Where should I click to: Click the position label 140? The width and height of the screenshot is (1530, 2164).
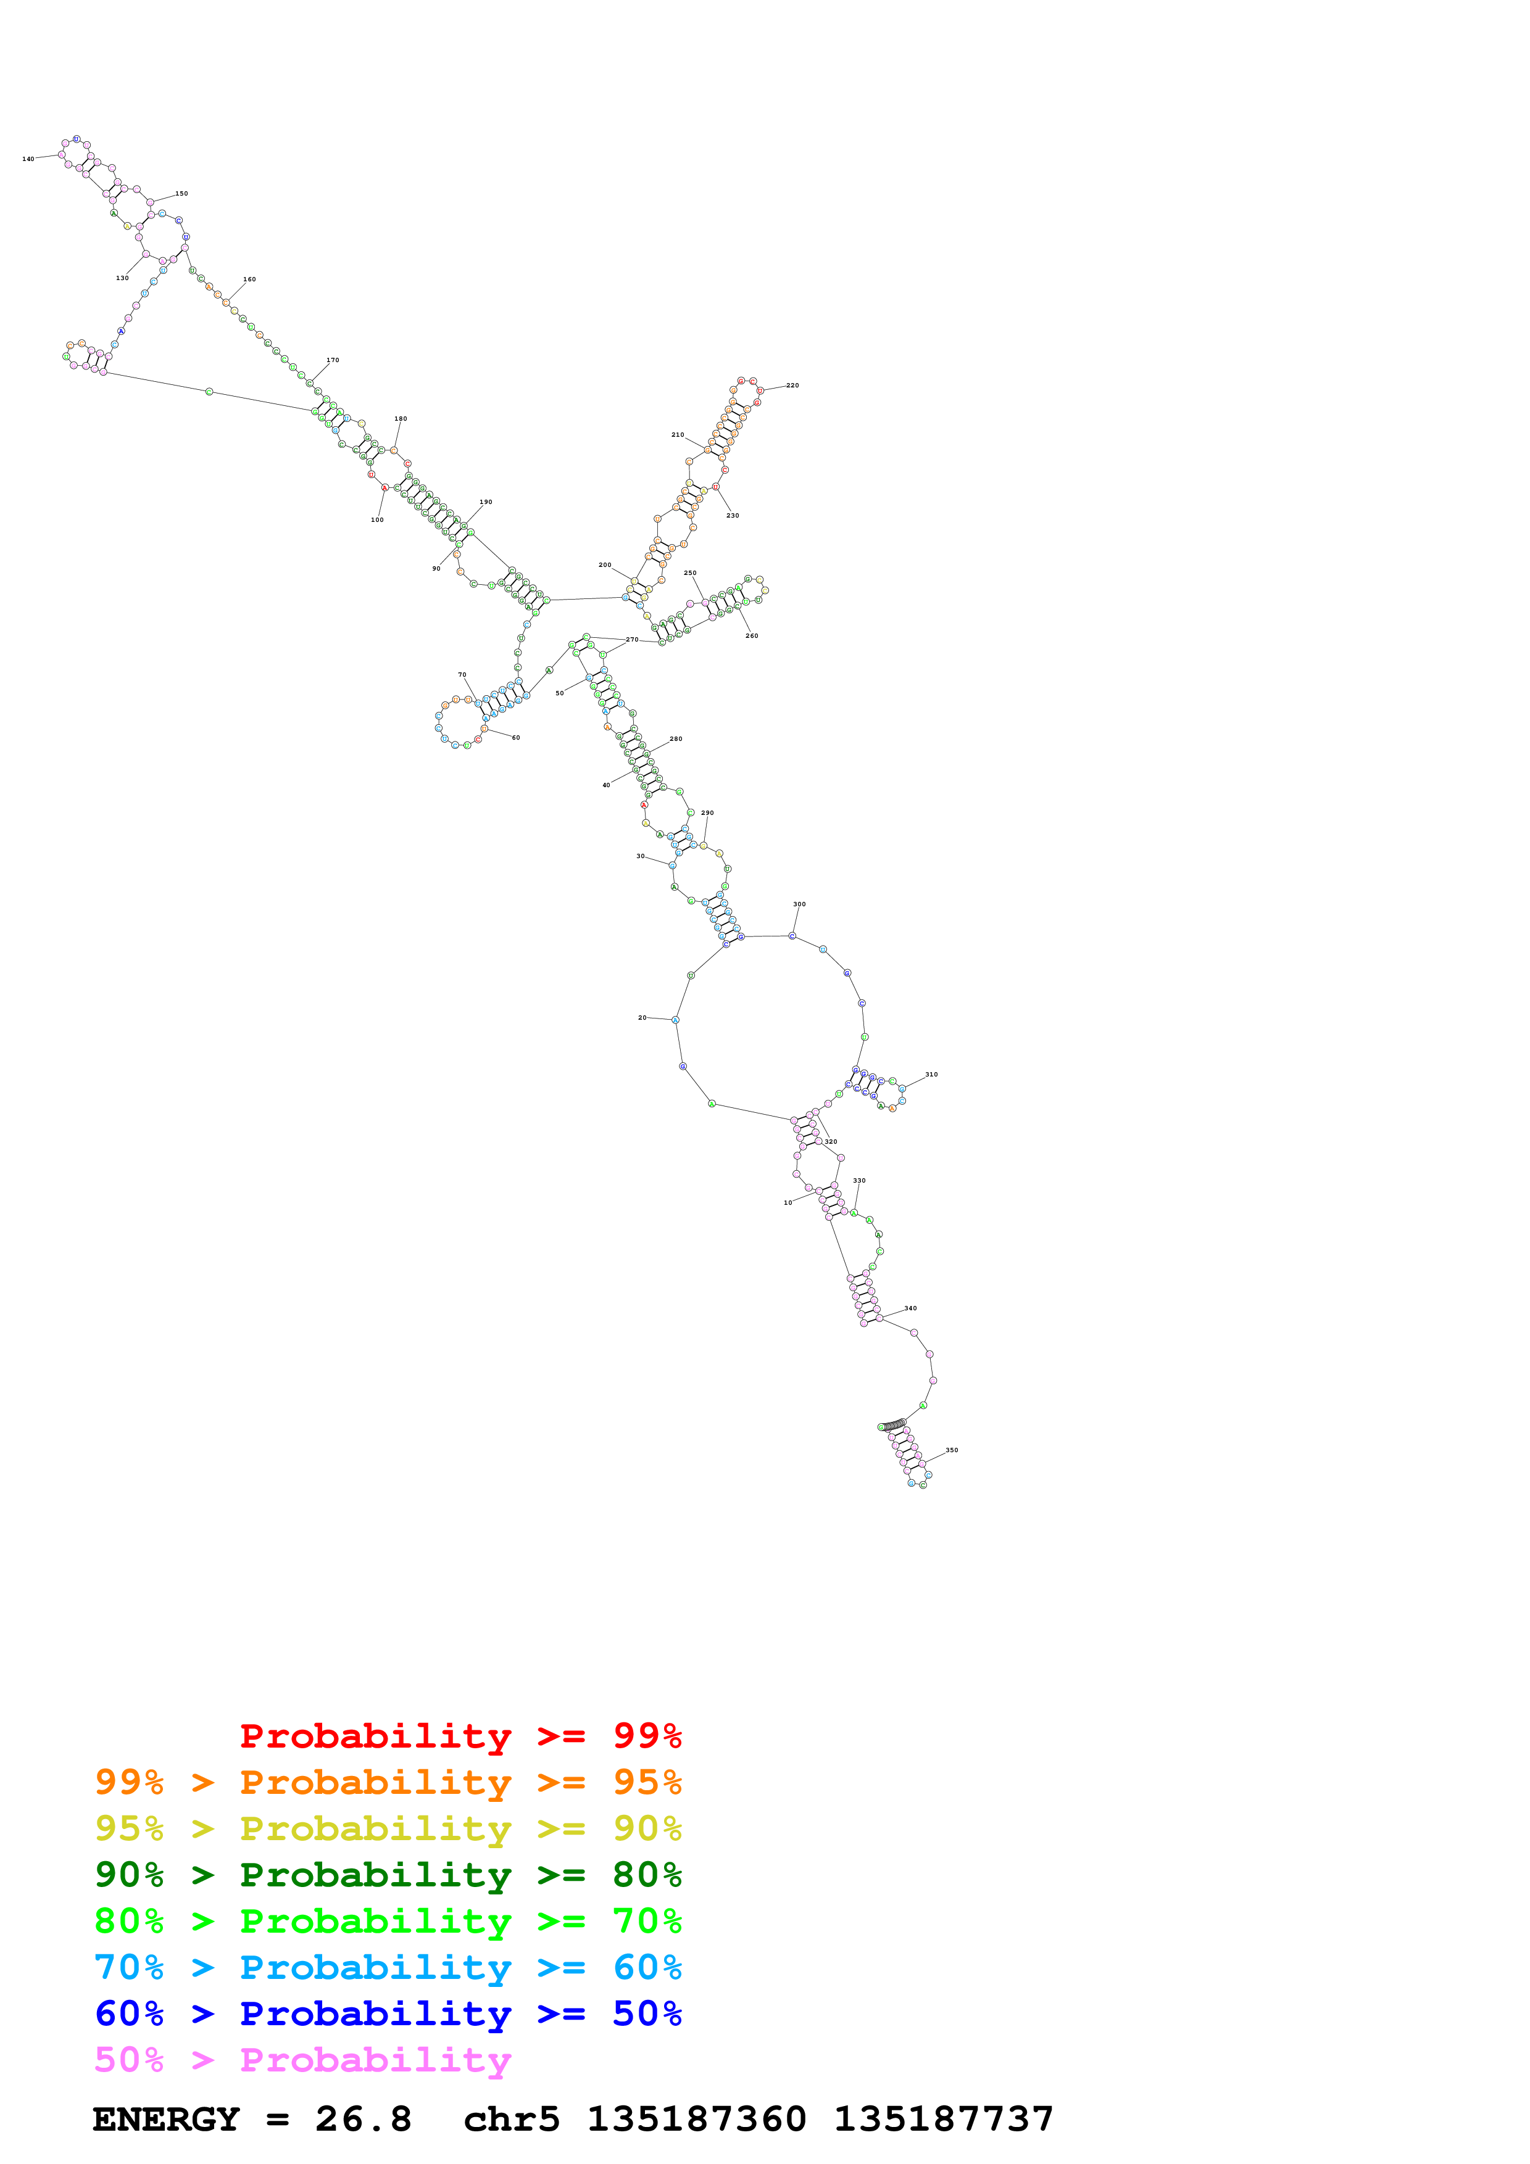[28, 159]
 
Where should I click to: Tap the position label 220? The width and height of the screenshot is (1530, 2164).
[793, 386]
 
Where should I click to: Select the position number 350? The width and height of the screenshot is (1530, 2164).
[952, 1450]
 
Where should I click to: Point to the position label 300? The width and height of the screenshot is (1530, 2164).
[799, 904]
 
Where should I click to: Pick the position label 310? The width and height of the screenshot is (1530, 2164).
[931, 1075]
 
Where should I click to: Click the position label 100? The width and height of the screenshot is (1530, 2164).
[377, 520]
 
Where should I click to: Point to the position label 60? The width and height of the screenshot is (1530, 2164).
[515, 738]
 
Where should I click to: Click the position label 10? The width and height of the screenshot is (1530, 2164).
[788, 1203]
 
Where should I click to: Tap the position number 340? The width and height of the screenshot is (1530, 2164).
[910, 1308]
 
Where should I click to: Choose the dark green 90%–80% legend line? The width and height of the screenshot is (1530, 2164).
[388, 1875]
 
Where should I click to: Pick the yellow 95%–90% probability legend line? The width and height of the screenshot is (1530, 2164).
[388, 1828]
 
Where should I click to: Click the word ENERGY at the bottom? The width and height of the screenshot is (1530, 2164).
[166, 2119]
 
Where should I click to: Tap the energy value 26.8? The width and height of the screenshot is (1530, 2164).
[364, 2119]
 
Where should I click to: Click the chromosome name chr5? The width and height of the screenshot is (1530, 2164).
[512, 2119]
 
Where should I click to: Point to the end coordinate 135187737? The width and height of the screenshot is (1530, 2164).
[944, 2119]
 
